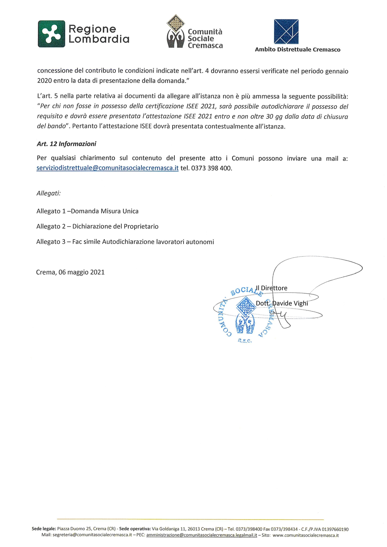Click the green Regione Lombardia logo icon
point(51,34)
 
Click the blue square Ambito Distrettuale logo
point(286,31)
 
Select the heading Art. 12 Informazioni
point(66,144)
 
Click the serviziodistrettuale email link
point(107,168)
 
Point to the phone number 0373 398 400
point(211,168)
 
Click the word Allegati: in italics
point(48,193)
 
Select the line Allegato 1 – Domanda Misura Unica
point(87,211)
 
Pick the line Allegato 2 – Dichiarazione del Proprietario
point(97,226)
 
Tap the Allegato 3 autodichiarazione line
point(125,242)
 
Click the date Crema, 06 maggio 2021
point(70,272)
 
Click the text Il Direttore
point(272,288)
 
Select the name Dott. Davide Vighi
point(282,303)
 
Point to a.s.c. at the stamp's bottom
point(245,341)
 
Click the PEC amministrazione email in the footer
point(202,535)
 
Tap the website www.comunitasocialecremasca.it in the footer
point(306,535)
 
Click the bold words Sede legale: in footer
point(44,529)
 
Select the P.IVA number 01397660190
point(335,529)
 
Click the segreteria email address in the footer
point(92,535)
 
